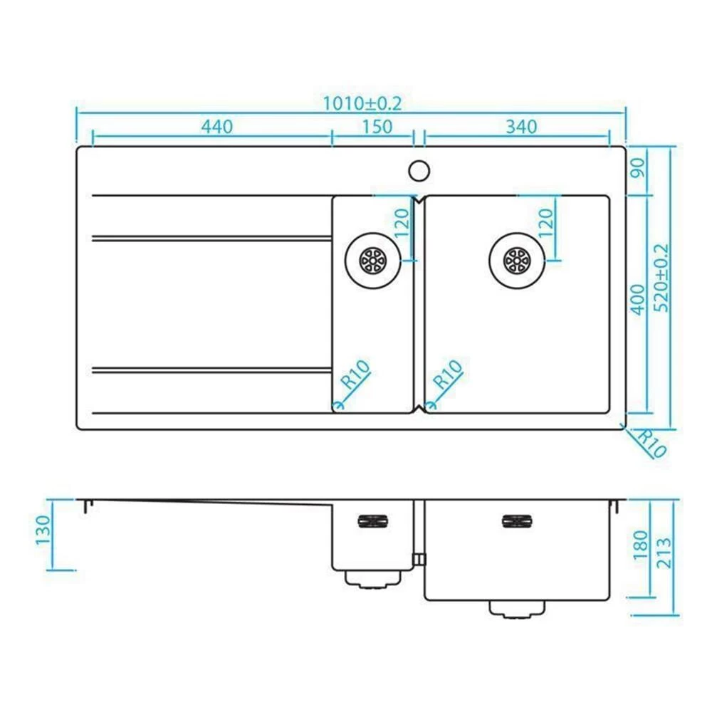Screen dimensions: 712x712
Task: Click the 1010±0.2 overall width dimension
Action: [x=362, y=103]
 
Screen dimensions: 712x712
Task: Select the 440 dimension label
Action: [x=217, y=127]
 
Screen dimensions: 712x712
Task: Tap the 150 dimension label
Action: [x=377, y=127]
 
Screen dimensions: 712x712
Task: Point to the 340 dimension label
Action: [x=521, y=127]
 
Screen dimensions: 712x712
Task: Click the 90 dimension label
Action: [x=639, y=168]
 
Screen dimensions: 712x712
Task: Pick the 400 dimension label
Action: [x=639, y=300]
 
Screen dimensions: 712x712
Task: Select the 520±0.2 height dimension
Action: [x=661, y=278]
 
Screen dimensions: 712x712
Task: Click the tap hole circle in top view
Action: [x=419, y=171]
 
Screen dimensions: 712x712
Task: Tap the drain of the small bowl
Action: [x=372, y=261]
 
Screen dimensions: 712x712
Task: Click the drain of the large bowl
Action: [x=517, y=261]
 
